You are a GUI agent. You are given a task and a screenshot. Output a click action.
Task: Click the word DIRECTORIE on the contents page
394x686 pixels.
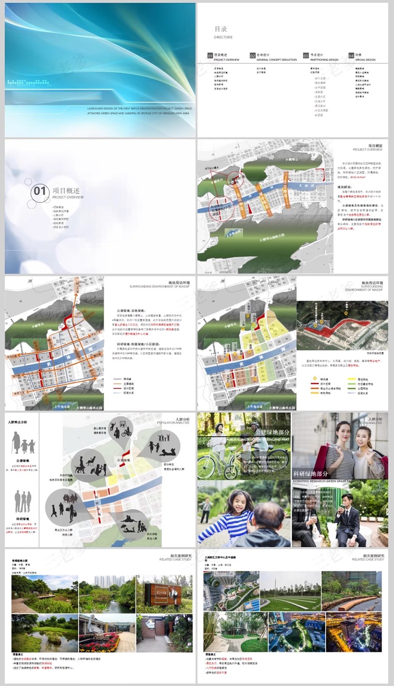[223, 37]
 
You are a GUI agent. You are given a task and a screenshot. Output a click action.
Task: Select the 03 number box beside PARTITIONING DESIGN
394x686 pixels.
[306, 55]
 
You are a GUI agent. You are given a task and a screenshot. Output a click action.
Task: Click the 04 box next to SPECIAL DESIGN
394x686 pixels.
[351, 55]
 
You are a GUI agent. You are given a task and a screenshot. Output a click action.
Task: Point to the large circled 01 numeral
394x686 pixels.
[40, 191]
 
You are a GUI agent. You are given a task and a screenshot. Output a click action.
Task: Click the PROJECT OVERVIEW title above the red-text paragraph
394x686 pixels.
[368, 150]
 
